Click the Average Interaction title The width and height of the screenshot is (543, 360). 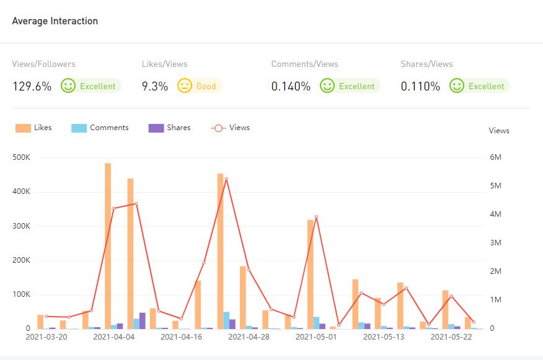pyautogui.click(x=55, y=21)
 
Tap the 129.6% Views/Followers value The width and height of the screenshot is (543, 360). pyautogui.click(x=32, y=86)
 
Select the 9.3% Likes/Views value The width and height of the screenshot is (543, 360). pyautogui.click(x=155, y=86)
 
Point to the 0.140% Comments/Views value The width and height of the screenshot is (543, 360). pyautogui.click(x=291, y=86)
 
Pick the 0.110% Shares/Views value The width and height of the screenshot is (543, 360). pyautogui.click(x=420, y=86)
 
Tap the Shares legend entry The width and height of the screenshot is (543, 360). pyautogui.click(x=170, y=128)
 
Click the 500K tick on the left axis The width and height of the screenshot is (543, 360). pyautogui.click(x=21, y=157)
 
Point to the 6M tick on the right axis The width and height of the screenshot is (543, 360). pyautogui.click(x=496, y=157)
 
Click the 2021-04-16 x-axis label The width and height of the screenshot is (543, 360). pyautogui.click(x=181, y=337)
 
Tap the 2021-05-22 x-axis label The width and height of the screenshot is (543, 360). pyautogui.click(x=451, y=337)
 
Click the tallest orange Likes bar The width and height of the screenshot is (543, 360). pyautogui.click(x=108, y=245)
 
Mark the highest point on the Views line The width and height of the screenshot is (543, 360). pyautogui.click(x=226, y=179)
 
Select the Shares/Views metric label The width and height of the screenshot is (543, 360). pyautogui.click(x=426, y=64)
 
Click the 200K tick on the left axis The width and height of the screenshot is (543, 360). pyautogui.click(x=21, y=260)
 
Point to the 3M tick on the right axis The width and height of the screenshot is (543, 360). pyautogui.click(x=496, y=243)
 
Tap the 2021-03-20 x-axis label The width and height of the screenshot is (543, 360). pyautogui.click(x=46, y=337)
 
